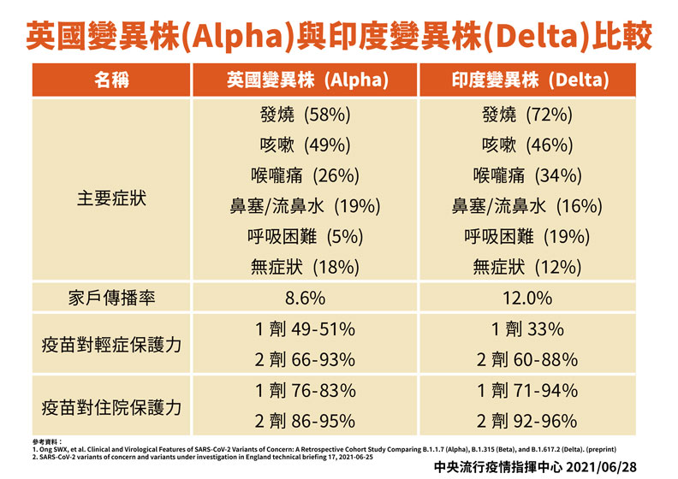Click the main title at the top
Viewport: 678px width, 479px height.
339,34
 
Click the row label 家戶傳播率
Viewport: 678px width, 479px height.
111,299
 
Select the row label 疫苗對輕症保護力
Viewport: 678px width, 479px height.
111,346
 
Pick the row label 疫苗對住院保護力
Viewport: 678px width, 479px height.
111,407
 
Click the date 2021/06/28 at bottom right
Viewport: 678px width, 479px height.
611,467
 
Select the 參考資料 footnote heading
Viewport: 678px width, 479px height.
48,440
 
